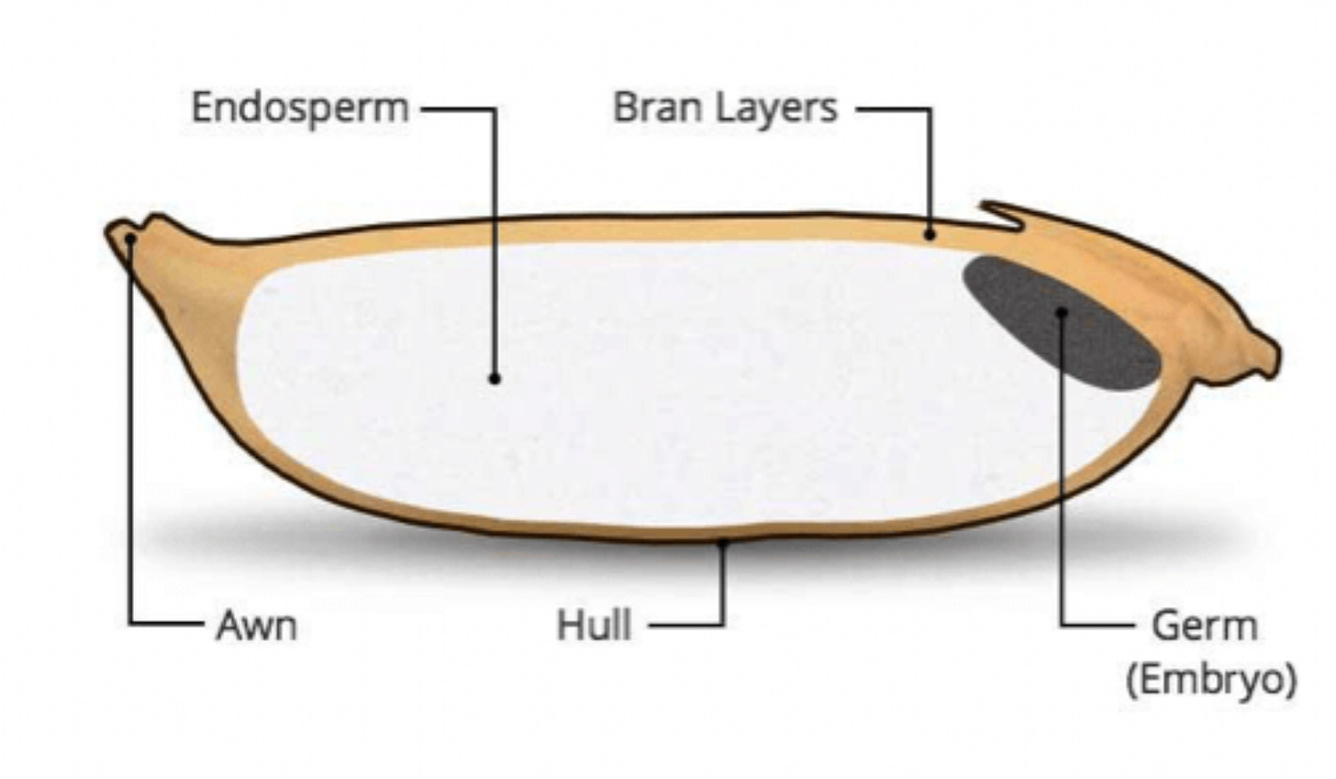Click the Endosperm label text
[299, 108]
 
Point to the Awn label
[256, 627]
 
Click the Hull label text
[594, 627]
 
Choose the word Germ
[1203, 627]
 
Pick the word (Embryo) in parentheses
[1211, 680]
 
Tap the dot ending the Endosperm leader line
[495, 378]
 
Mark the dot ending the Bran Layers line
[930, 235]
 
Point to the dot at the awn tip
[131, 239]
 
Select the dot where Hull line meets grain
[722, 543]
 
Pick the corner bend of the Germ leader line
[1063, 626]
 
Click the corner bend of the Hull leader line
[722, 626]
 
